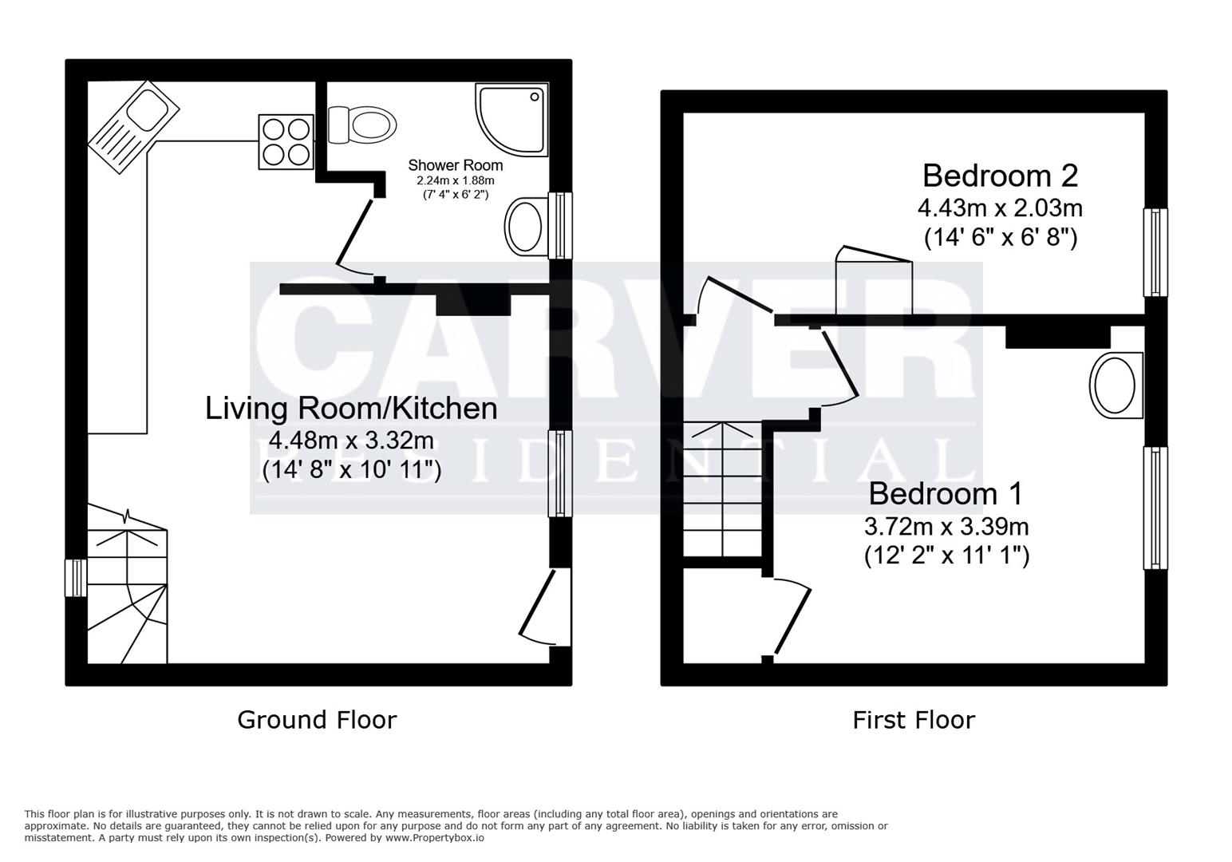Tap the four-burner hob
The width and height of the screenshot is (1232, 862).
[286, 142]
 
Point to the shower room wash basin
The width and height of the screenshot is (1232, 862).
[525, 227]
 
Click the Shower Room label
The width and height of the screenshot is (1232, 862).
[455, 165]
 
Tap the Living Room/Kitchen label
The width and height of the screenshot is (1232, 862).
[351, 408]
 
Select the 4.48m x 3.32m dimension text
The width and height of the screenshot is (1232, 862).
[351, 440]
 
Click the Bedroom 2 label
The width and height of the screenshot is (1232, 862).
[1000, 175]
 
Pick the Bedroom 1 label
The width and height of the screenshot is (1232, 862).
[945, 494]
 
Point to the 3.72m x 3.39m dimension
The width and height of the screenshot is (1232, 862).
[946, 527]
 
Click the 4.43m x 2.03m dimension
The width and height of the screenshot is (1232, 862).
[1000, 208]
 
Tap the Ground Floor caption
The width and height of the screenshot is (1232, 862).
[317, 720]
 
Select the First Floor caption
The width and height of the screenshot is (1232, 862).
[914, 720]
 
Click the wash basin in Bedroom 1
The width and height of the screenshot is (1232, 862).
[1116, 385]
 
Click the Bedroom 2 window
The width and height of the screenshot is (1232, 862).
[1155, 252]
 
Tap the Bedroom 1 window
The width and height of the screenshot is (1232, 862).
[1155, 508]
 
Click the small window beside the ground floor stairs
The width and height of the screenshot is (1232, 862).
[75, 578]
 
